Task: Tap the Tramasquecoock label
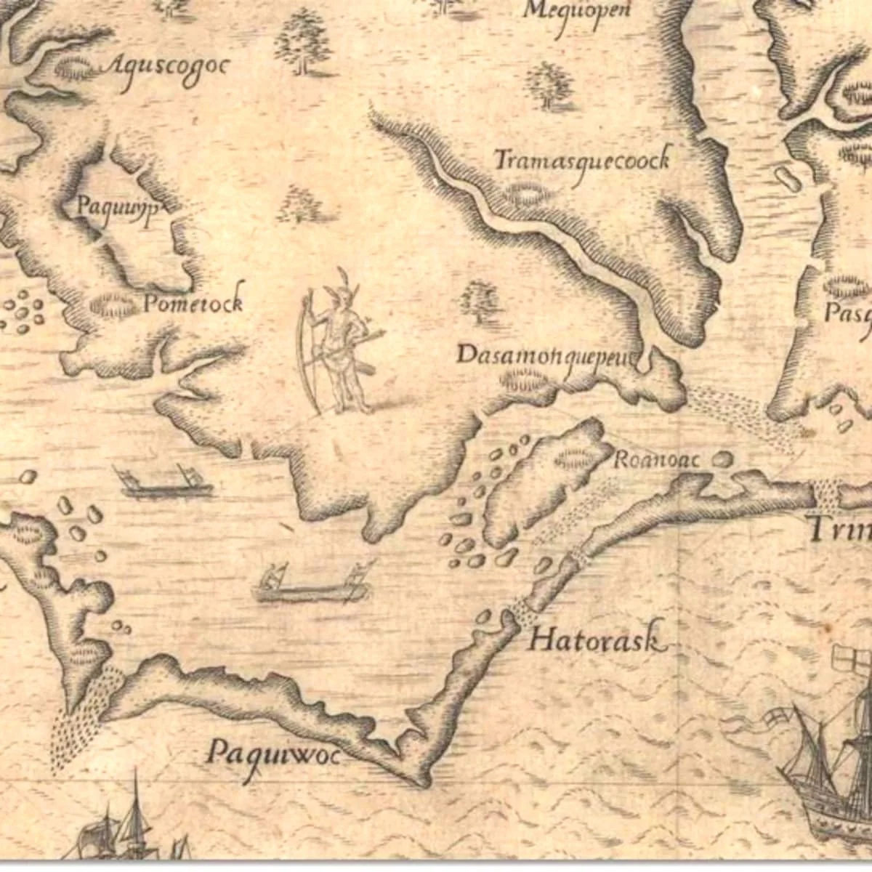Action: click(x=581, y=161)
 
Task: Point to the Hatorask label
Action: click(x=596, y=640)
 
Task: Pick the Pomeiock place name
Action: click(x=193, y=303)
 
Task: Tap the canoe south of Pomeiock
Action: click(x=167, y=483)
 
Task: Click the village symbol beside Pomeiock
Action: click(x=112, y=304)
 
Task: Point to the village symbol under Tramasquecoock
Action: click(x=527, y=193)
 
